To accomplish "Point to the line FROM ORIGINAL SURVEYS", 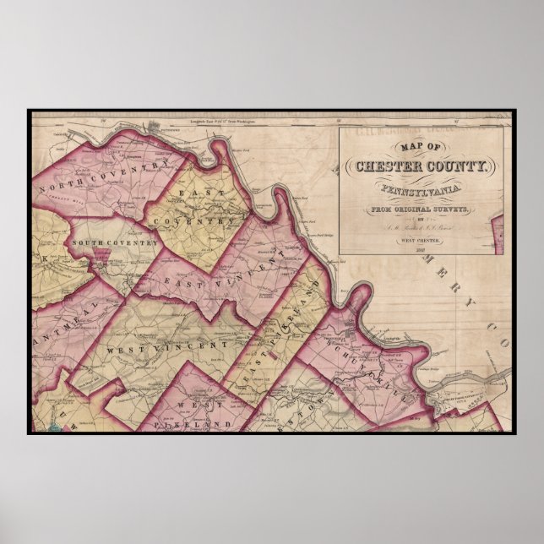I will [x=421, y=207].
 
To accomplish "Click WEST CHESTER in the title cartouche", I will [x=421, y=239].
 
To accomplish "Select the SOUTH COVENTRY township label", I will [x=115, y=243].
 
